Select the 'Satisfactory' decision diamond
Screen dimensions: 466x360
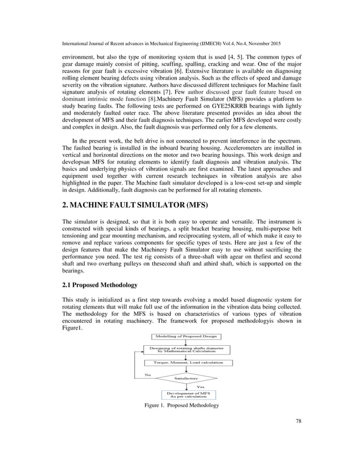181,377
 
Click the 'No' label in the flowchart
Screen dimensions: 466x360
148,373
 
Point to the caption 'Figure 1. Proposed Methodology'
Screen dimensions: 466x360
181,406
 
